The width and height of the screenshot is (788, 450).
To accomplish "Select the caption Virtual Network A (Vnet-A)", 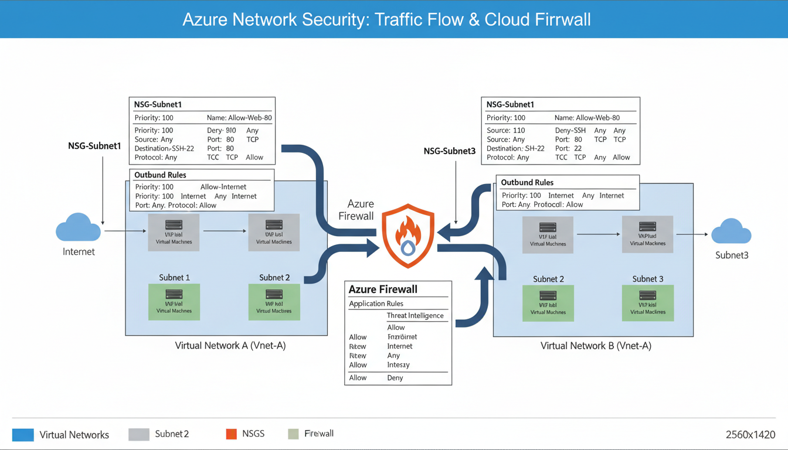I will click(230, 346).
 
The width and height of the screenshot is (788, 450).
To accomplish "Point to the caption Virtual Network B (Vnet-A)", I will click(596, 346).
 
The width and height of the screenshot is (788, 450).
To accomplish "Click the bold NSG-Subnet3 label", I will click(450, 151).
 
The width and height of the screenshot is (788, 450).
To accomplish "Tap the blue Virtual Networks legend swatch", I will click(23, 435).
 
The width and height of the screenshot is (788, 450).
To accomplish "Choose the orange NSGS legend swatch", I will click(231, 434).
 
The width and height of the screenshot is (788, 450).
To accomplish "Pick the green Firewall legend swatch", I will click(294, 434).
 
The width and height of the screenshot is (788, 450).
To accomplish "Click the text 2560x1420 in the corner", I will click(750, 435).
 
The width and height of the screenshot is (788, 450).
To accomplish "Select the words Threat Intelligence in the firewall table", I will click(415, 316).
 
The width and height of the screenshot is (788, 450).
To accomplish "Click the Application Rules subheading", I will click(376, 304).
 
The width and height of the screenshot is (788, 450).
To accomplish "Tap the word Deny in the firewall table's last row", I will click(395, 378).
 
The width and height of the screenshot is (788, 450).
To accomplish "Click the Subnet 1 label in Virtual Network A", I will click(174, 277).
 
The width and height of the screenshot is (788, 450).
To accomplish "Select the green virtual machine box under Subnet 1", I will click(174, 302).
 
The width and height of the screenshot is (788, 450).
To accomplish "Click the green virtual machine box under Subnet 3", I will click(648, 303).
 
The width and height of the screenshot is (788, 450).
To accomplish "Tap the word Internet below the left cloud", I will click(79, 252).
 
